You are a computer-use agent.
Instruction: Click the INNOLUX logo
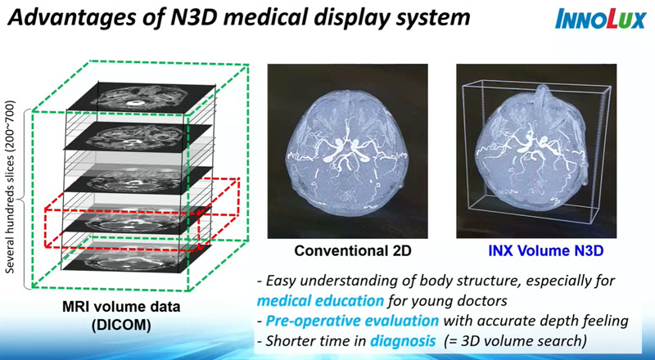pyautogui.click(x=600, y=19)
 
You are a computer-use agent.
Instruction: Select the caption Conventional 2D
pyautogui.click(x=353, y=250)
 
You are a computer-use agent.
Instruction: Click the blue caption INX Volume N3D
pyautogui.click(x=545, y=250)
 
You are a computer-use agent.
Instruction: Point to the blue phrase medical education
pyautogui.click(x=320, y=300)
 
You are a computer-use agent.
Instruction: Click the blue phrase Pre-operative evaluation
pyautogui.click(x=352, y=321)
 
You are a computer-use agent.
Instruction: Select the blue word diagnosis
pyautogui.click(x=403, y=341)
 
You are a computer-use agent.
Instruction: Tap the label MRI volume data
pyautogui.click(x=121, y=307)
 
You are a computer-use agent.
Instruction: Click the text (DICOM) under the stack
pyautogui.click(x=121, y=325)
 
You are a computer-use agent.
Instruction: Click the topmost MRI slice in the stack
pyautogui.click(x=141, y=97)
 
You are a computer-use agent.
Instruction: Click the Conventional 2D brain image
pyautogui.click(x=347, y=151)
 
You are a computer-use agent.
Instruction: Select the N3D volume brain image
pyautogui.click(x=536, y=151)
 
